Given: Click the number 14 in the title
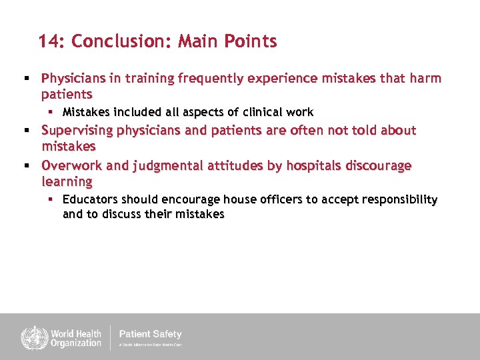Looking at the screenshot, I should tap(49, 41).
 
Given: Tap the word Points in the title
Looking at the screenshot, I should tap(251, 41).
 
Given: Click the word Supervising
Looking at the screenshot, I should tap(79, 130).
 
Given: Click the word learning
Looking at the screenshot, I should tap(67, 181).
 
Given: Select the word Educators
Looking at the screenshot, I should tap(89, 199).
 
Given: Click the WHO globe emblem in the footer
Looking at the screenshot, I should tap(31, 337).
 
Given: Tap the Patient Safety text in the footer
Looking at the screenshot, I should tap(150, 334).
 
